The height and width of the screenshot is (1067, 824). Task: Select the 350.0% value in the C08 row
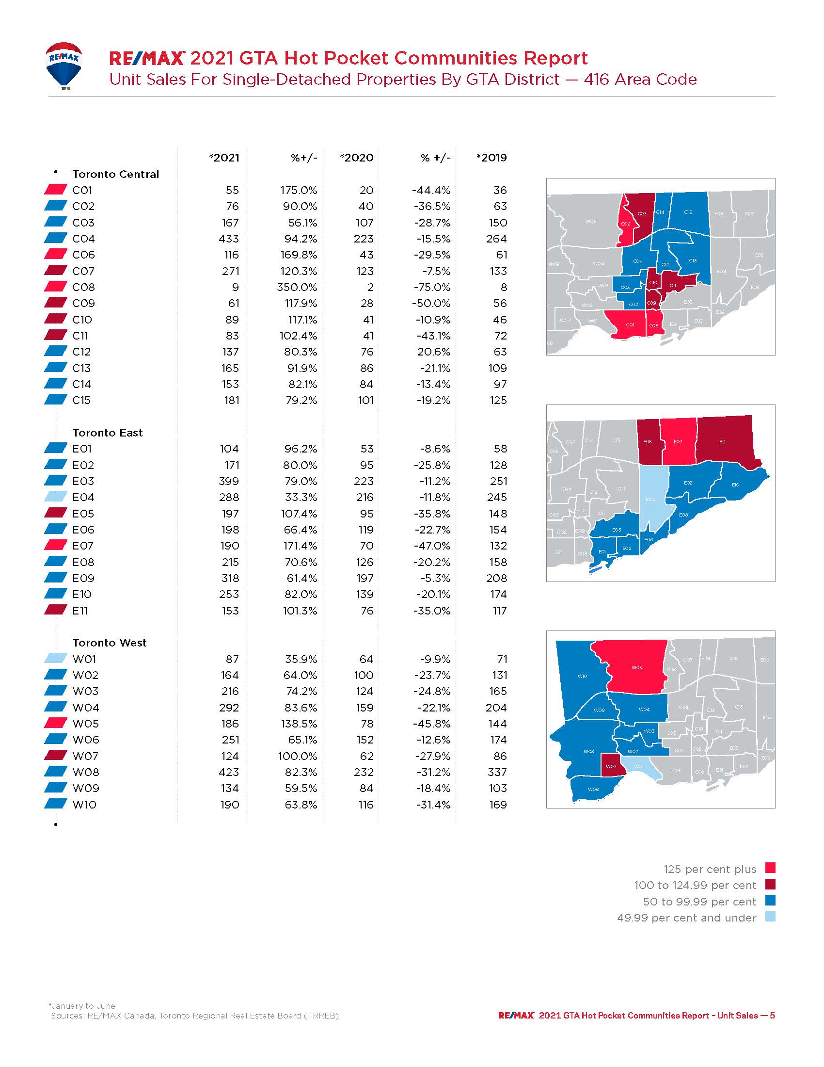tap(297, 287)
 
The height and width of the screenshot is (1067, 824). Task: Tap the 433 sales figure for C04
tap(228, 239)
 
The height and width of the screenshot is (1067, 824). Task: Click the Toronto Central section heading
tap(116, 175)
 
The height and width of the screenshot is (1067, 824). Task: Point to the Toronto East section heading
tap(108, 433)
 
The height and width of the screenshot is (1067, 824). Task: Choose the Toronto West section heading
tap(110, 643)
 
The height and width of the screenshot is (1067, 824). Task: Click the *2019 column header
tap(491, 158)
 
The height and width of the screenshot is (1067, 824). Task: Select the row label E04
tap(83, 497)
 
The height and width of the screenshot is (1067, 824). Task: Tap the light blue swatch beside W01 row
tap(56, 659)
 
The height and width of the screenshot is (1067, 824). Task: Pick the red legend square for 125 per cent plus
tap(770, 868)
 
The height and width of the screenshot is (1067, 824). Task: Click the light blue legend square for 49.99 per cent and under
tap(770, 917)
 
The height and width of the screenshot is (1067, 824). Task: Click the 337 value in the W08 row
tap(497, 773)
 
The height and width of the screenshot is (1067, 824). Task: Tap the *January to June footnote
tap(82, 1006)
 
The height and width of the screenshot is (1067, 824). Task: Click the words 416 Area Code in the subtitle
tap(640, 80)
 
